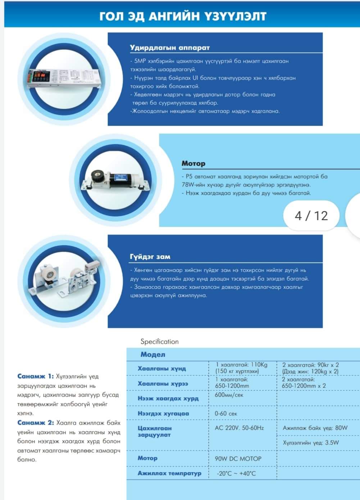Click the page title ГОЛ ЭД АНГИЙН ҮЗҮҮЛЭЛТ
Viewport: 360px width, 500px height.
pyautogui.click(x=182, y=16)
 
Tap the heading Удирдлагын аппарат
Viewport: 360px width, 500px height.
pyautogui.click(x=169, y=47)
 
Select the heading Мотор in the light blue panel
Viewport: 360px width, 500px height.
pyautogui.click(x=193, y=163)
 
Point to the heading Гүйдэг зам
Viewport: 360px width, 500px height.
pyautogui.click(x=150, y=257)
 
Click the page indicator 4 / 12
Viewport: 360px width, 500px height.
pyautogui.click(x=311, y=215)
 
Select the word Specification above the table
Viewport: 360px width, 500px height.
pyautogui.click(x=159, y=341)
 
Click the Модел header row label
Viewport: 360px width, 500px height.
pyautogui.click(x=153, y=354)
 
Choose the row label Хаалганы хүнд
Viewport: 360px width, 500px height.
pyautogui.click(x=162, y=368)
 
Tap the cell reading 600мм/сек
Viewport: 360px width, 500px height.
pyautogui.click(x=229, y=395)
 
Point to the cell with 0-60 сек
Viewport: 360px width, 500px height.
pyautogui.click(x=226, y=414)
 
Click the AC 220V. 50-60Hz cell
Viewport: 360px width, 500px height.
pyautogui.click(x=239, y=428)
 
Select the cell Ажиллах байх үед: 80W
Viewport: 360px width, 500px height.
pyautogui.click(x=315, y=428)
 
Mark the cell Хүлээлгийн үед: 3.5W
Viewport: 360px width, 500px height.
pyautogui.click(x=311, y=442)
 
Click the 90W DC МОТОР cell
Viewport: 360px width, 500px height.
pyautogui.click(x=238, y=459)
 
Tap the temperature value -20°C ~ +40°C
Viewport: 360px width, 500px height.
pyautogui.click(x=236, y=473)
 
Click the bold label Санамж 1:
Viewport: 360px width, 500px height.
pyautogui.click(x=35, y=376)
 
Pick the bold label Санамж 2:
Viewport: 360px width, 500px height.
pyautogui.click(x=35, y=423)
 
